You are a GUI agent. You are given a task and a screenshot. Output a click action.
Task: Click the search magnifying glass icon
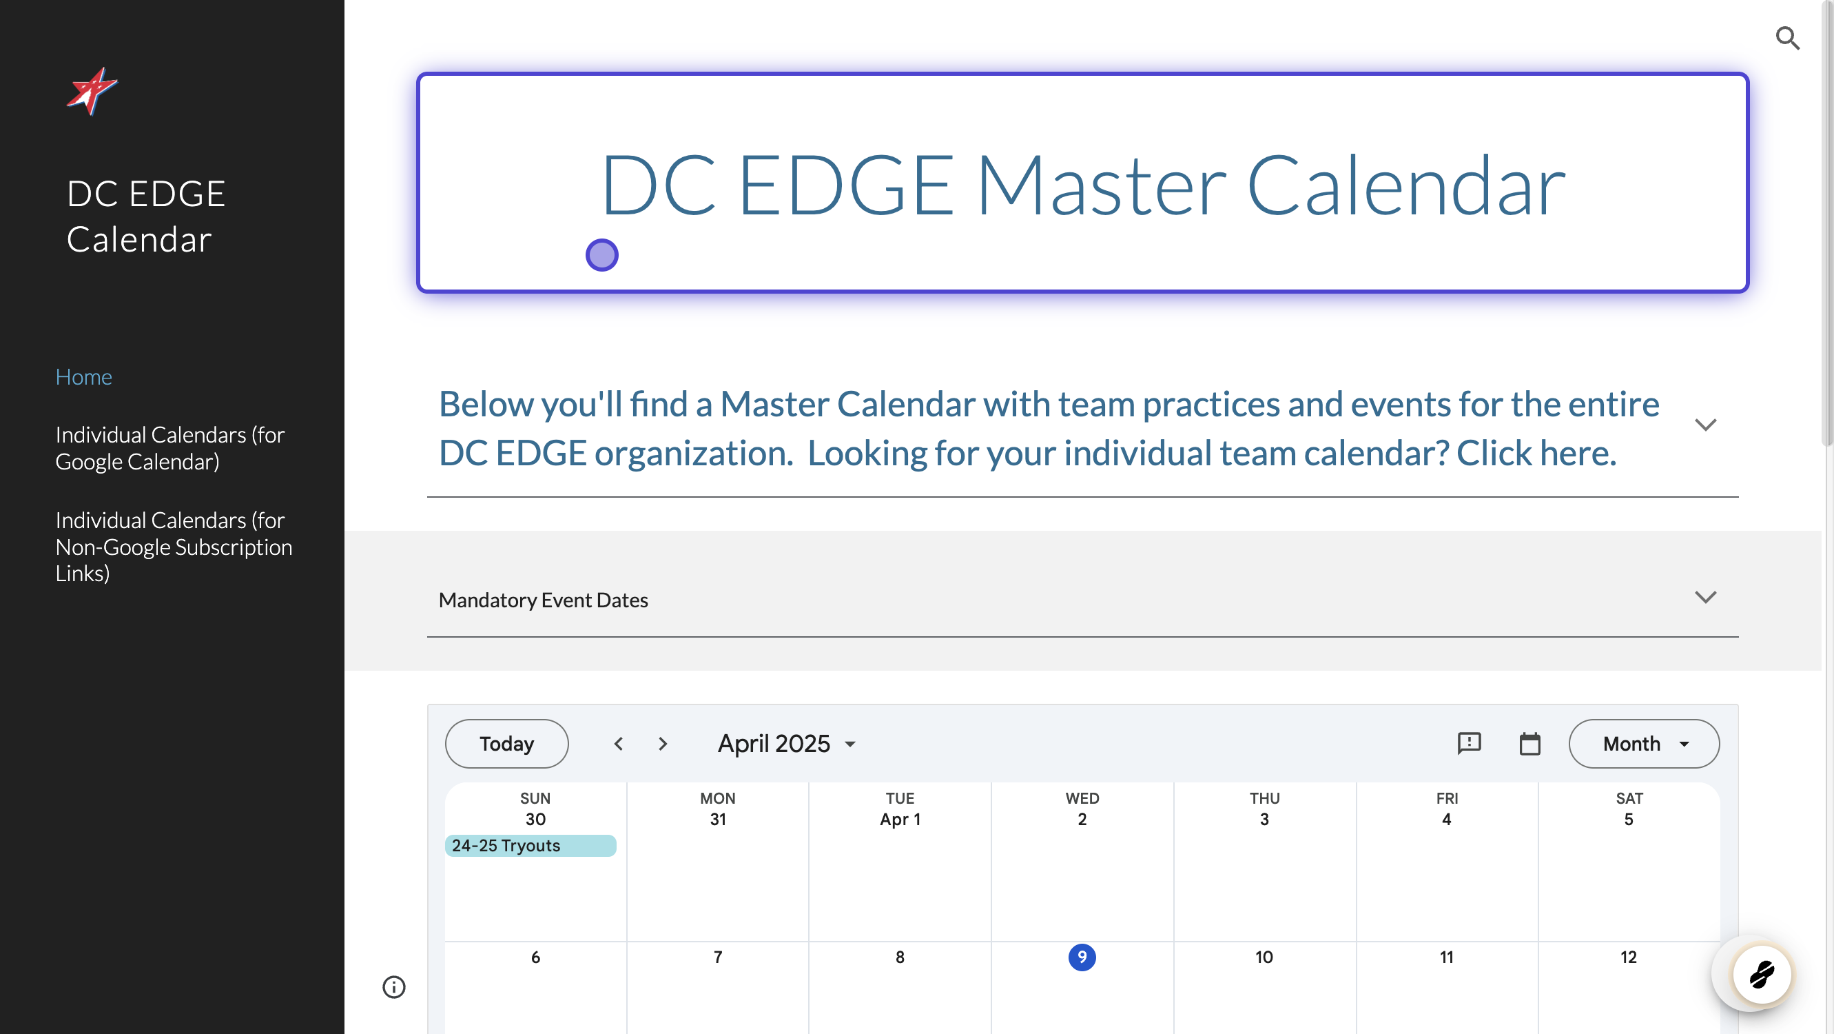[1787, 39]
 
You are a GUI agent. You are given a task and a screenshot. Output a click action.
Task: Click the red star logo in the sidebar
[92, 91]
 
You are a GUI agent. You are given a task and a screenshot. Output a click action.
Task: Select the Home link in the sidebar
[84, 376]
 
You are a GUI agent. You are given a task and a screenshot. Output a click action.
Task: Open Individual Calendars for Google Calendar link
[169, 448]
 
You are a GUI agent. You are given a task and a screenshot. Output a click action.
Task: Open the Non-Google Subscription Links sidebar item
[174, 546]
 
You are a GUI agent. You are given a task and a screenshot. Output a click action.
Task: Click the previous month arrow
[619, 744]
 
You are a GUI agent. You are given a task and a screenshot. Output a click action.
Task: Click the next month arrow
[663, 744]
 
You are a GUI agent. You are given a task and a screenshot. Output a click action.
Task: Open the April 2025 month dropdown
[786, 744]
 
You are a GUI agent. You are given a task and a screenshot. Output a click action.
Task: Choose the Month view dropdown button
[1644, 744]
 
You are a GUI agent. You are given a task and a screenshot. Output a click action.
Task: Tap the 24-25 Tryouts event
[530, 845]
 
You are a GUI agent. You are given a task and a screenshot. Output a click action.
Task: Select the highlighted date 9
[1082, 957]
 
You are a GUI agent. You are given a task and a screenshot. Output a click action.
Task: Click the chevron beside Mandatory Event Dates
[1705, 597]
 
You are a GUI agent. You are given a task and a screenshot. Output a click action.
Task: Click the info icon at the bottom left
[393, 987]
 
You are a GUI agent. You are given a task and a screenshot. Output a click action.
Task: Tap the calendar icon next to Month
[1529, 744]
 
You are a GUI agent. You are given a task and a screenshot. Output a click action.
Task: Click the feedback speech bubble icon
[1469, 744]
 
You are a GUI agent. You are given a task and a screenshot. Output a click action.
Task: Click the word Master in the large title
[1101, 187]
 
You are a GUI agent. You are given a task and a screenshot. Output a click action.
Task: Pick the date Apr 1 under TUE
[900, 819]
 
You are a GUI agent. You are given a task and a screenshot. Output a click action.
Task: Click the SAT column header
[1629, 798]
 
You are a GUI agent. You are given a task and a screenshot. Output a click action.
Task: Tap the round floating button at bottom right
[1762, 974]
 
